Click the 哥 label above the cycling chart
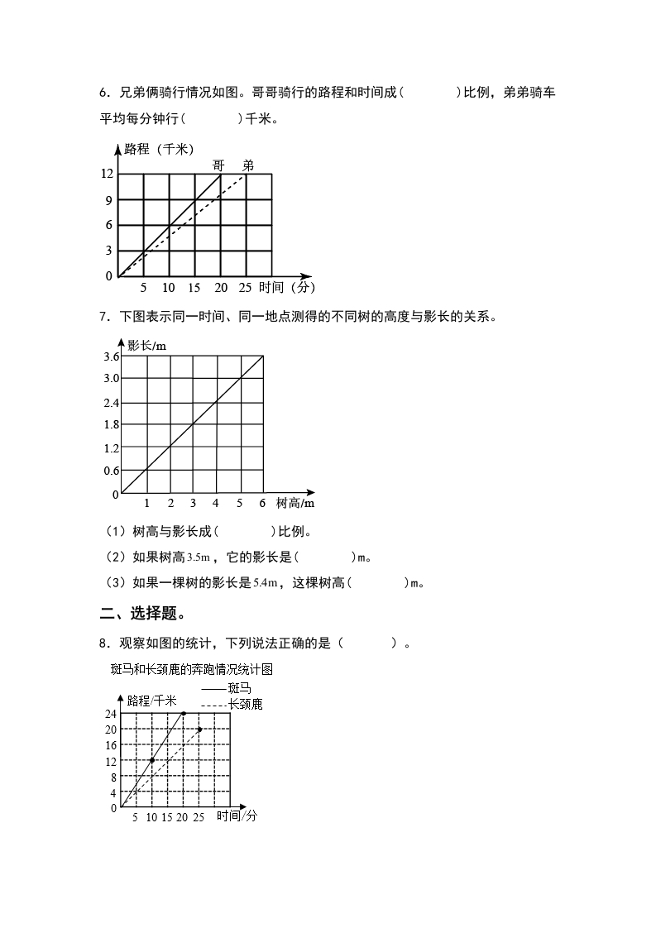click(x=219, y=165)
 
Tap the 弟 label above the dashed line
click(x=247, y=165)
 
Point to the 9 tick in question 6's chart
click(x=108, y=199)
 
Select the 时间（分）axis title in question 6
click(x=286, y=288)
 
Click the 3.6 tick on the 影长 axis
click(x=111, y=356)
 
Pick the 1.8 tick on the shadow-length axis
click(x=111, y=424)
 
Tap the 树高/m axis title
click(x=295, y=503)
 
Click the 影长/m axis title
click(x=146, y=345)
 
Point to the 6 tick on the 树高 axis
click(x=262, y=503)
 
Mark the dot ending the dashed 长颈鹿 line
click(x=199, y=729)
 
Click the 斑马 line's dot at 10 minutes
click(x=152, y=760)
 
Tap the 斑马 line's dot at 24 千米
click(x=183, y=713)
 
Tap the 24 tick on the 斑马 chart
click(x=111, y=713)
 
